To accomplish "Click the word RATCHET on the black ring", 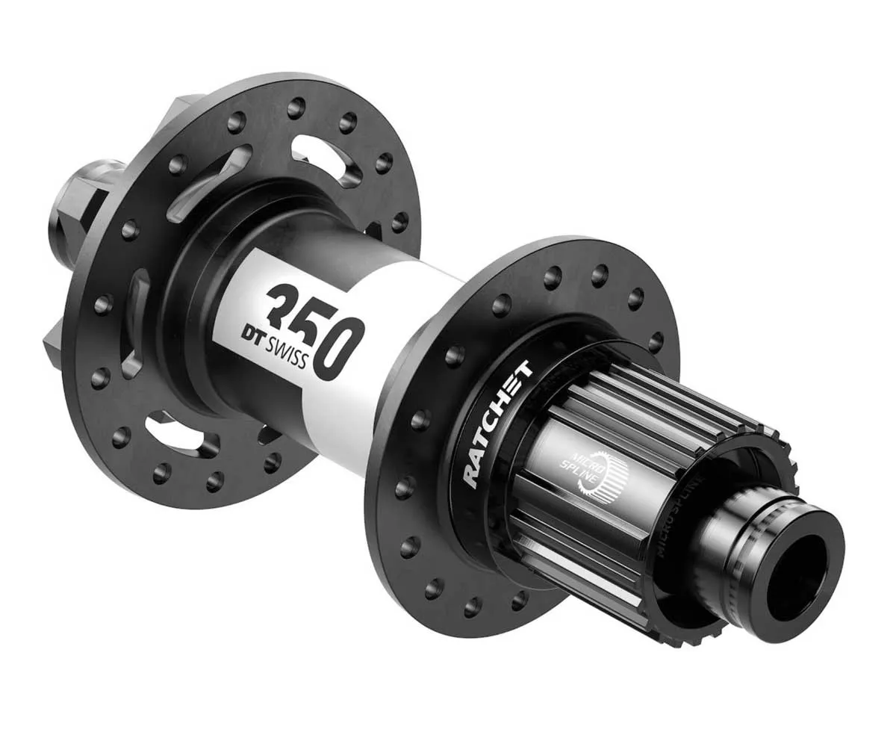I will [x=496, y=421].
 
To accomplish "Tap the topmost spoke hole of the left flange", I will [x=296, y=108].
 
